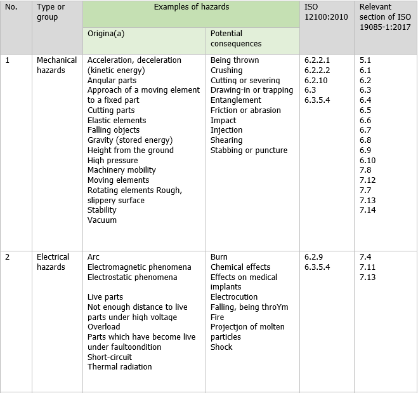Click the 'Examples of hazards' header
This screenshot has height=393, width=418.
point(191,6)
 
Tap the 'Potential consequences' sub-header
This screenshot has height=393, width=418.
point(236,38)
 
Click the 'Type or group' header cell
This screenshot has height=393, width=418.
point(51,11)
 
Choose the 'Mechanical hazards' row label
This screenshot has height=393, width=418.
point(56,65)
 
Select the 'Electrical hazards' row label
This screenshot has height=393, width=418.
point(53,262)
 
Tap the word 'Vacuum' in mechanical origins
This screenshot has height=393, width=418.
point(102,220)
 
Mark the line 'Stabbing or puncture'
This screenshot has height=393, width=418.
point(249,150)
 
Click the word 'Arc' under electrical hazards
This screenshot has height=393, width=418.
point(93,257)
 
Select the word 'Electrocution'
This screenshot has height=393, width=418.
point(234,297)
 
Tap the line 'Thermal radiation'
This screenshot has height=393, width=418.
point(120,367)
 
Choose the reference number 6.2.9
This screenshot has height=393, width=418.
point(314,257)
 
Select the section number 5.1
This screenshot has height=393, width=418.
point(365,60)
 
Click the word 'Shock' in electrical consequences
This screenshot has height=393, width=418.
point(221,347)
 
